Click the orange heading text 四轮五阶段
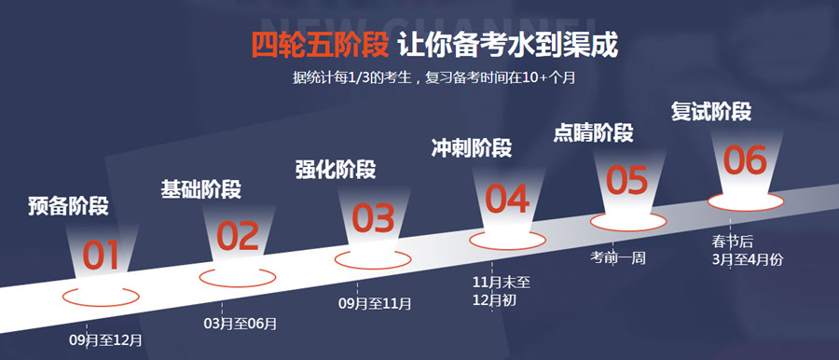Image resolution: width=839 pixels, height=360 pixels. [x=320, y=45]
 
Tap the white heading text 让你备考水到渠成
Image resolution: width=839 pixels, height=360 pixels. [x=508, y=45]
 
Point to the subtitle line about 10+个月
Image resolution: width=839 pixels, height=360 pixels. [x=433, y=77]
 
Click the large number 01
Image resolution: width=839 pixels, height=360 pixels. [x=101, y=256]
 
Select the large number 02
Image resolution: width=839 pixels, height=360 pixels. [x=238, y=236]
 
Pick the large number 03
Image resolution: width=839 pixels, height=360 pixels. [x=373, y=218]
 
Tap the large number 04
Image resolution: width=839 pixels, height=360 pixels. [x=507, y=199]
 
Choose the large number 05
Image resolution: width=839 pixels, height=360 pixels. [x=627, y=180]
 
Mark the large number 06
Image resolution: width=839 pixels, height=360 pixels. [x=746, y=160]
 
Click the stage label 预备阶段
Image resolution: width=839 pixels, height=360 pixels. [x=68, y=206]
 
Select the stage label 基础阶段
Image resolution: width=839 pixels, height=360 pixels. [x=201, y=189]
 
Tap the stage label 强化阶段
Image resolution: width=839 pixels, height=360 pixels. [x=336, y=170]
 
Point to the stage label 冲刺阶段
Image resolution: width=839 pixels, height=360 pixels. [x=472, y=148]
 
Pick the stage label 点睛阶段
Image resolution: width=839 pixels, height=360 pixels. [x=594, y=132]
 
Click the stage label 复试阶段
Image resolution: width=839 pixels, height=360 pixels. [x=711, y=112]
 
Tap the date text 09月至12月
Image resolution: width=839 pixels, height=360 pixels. [x=106, y=340]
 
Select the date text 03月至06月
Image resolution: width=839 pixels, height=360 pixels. [x=241, y=324]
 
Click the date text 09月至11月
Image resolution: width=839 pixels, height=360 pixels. [x=375, y=304]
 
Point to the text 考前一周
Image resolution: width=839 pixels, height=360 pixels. [x=618, y=258]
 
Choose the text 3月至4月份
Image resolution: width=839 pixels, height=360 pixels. [x=748, y=259]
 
